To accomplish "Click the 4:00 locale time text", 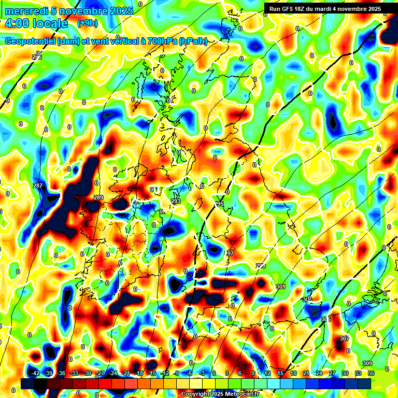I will pyautogui.click(x=36, y=24).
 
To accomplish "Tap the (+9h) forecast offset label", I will pyautogui.click(x=87, y=23).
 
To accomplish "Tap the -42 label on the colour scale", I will pyautogui.click(x=36, y=373).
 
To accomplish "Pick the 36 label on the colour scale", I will pyautogui.click(x=371, y=373).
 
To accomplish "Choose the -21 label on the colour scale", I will pyautogui.click(x=126, y=373).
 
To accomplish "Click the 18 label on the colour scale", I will pyautogui.click(x=293, y=373).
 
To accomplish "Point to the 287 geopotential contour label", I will pyautogui.click(x=37, y=186).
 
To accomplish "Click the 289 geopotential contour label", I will pyautogui.click(x=98, y=197).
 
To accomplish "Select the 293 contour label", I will pyautogui.click(x=176, y=201).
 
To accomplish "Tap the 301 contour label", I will pyautogui.click(x=281, y=287).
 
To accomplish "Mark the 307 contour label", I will pyautogui.click(x=345, y=338).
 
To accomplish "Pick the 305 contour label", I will pyautogui.click(x=325, y=319).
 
